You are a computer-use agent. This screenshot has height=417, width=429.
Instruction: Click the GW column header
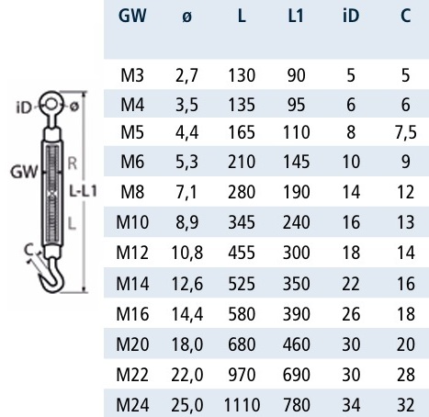(132, 16)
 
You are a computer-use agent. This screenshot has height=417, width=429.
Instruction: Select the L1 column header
(296, 16)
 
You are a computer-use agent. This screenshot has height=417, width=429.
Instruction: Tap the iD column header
(351, 16)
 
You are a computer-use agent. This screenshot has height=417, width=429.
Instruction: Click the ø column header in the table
(186, 17)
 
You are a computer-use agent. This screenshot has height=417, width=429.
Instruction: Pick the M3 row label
(132, 75)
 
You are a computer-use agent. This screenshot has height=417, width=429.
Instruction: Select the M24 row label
(132, 405)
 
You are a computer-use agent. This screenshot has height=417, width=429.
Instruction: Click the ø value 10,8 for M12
(187, 253)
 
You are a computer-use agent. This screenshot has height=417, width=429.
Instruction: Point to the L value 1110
(242, 405)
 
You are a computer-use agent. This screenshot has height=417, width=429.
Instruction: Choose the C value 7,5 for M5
(406, 132)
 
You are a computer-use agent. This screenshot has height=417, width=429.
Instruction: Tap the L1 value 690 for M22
(296, 375)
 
